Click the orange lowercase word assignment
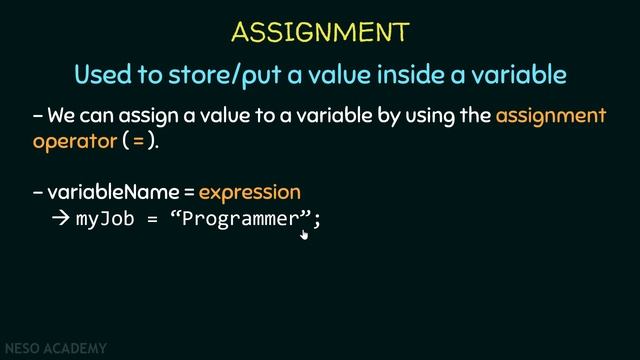point(550,116)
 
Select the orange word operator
point(74,141)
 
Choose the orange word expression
point(249,191)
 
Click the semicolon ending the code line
point(317,220)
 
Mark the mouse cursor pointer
point(304,234)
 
